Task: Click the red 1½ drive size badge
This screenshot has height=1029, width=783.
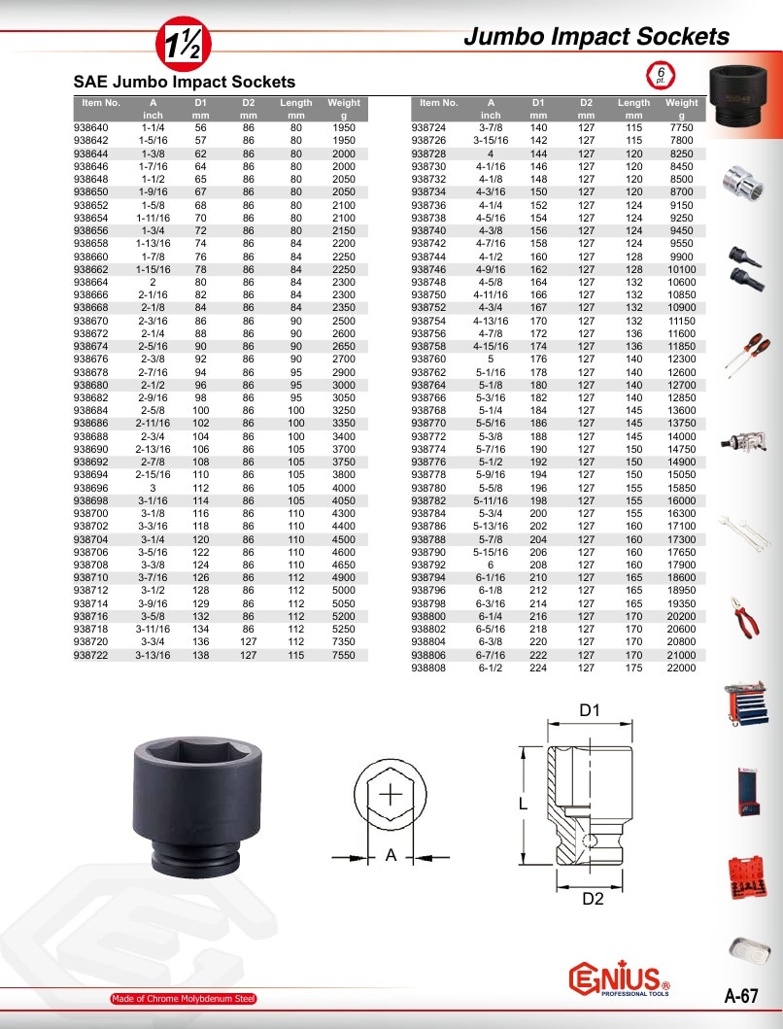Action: tap(183, 44)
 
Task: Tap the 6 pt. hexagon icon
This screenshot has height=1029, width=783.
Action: tap(661, 75)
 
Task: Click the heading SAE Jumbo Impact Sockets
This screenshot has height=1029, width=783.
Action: tap(185, 82)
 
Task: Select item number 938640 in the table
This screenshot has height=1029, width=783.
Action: tap(90, 128)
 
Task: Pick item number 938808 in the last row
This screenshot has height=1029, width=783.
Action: tap(428, 669)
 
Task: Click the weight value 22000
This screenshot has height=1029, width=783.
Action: tap(681, 669)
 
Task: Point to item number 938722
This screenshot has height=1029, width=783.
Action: tap(90, 655)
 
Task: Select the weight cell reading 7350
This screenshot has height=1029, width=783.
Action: tap(344, 642)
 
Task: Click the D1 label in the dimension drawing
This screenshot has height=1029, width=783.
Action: tap(590, 710)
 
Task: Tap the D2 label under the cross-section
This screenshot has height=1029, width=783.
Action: tap(593, 899)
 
